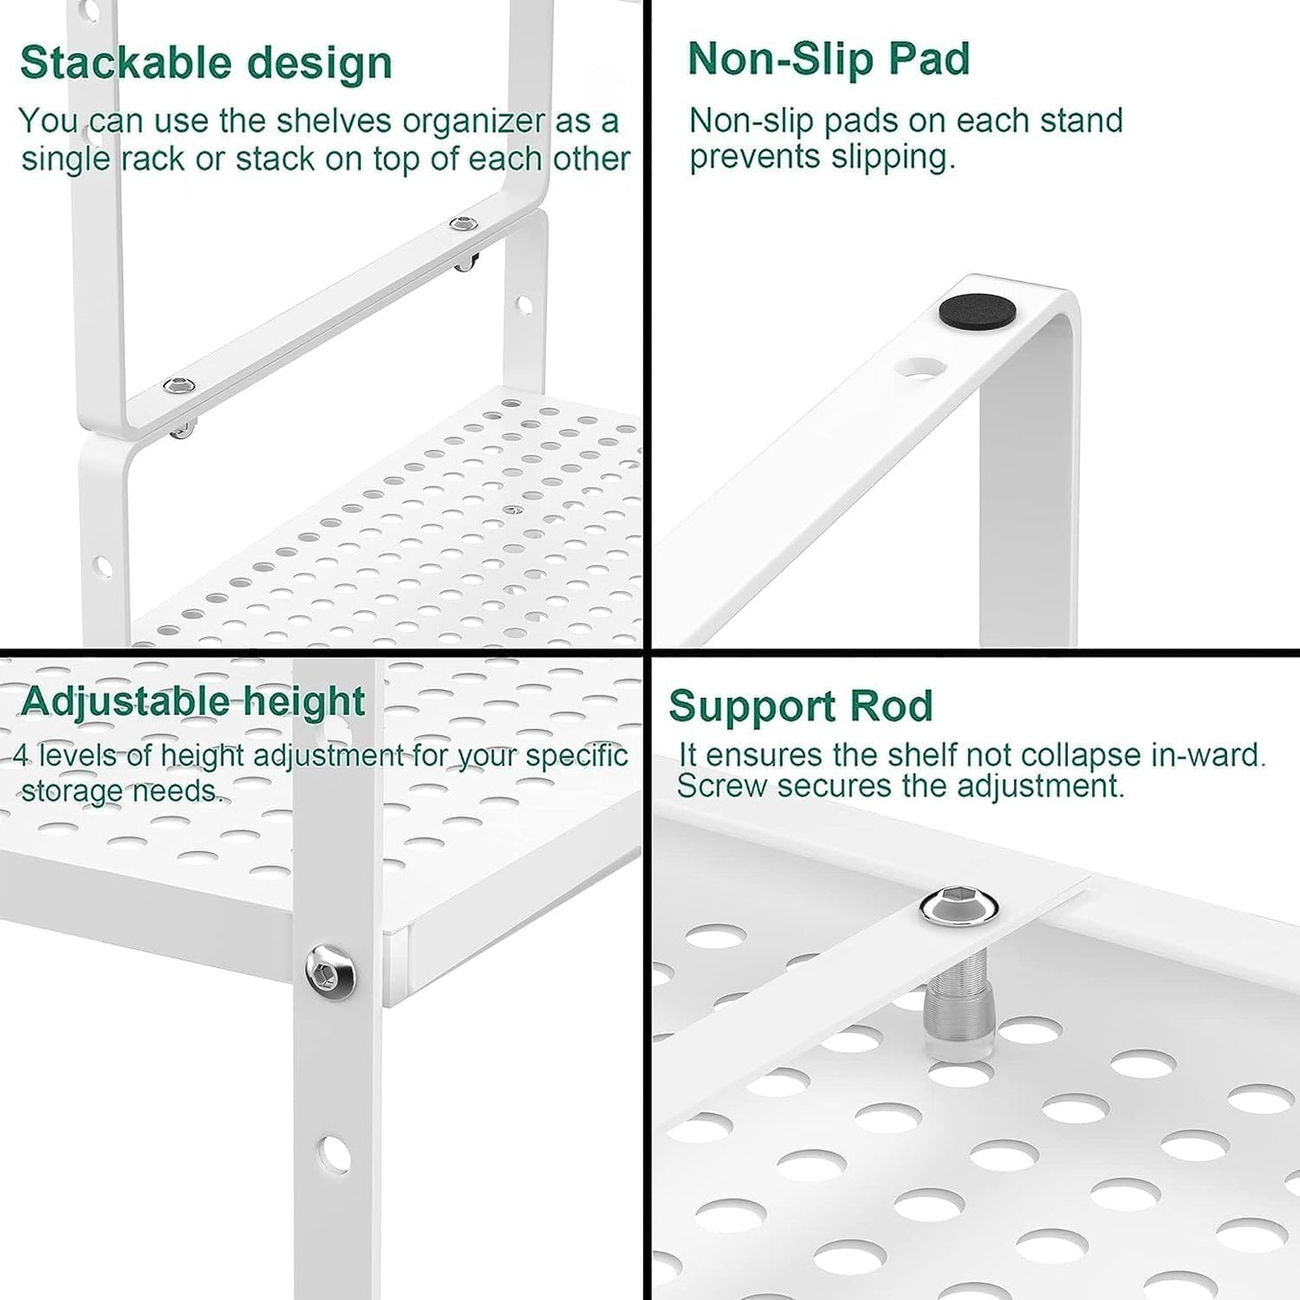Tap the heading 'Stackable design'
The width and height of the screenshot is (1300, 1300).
pyautogui.click(x=206, y=63)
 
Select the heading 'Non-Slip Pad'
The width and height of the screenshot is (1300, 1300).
pyautogui.click(x=829, y=59)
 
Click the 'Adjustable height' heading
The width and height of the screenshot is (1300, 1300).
pyautogui.click(x=193, y=702)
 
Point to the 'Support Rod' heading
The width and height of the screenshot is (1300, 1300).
pyautogui.click(x=801, y=706)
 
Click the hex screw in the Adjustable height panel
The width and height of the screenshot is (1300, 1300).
pyautogui.click(x=329, y=971)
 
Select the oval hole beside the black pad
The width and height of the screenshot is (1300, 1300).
pyautogui.click(x=920, y=367)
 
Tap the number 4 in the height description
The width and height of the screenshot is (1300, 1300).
pyautogui.click(x=22, y=755)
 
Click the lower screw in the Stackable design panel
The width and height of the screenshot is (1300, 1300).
pyautogui.click(x=178, y=386)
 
